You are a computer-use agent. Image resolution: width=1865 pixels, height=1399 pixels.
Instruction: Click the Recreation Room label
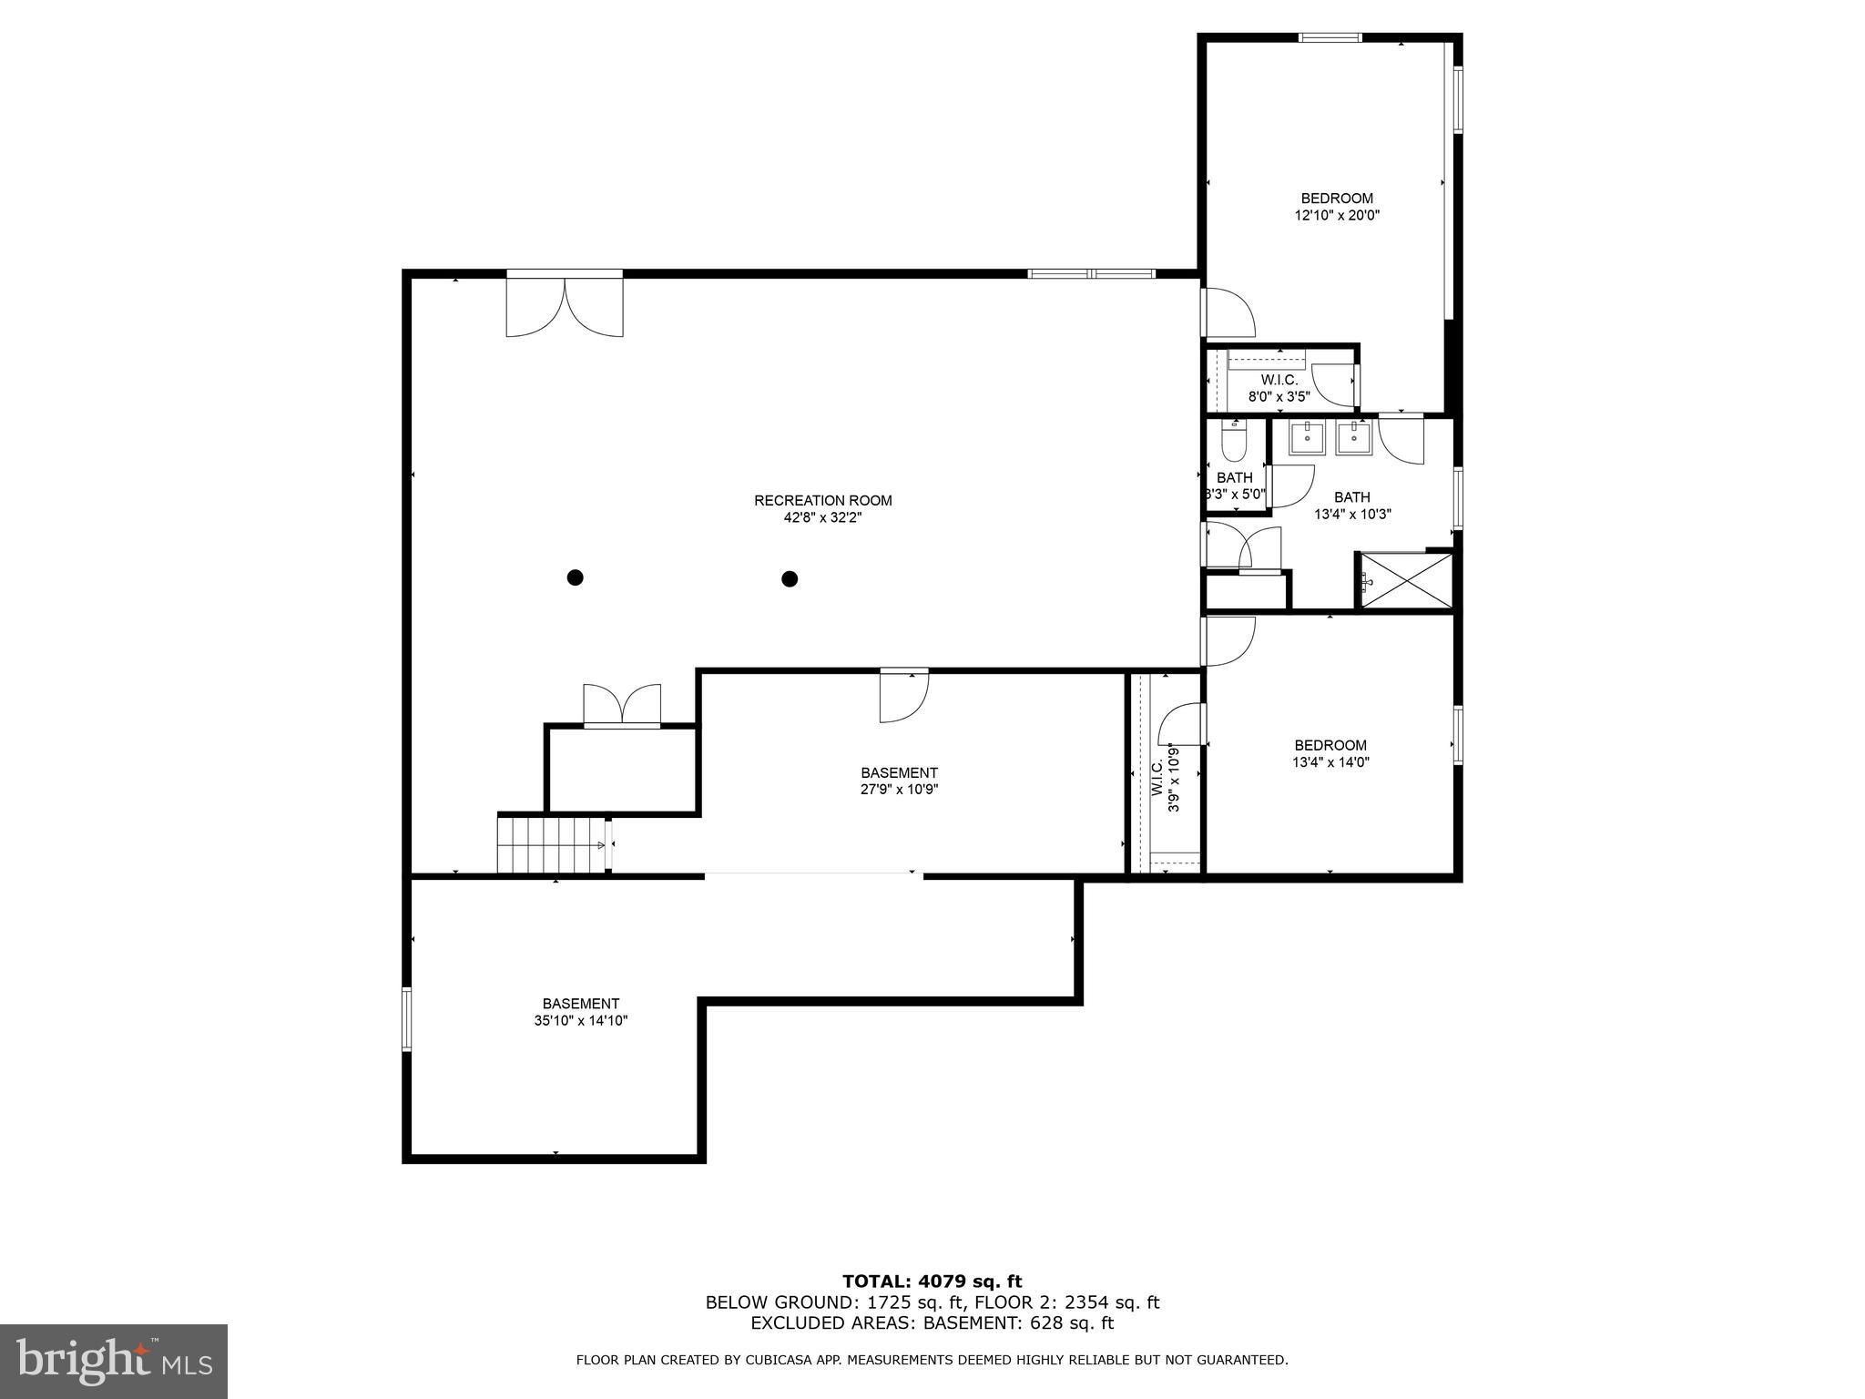822,500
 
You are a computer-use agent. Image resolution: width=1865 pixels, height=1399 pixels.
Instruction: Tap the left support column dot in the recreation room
575,577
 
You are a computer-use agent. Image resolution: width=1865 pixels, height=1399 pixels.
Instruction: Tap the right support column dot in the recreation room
790,578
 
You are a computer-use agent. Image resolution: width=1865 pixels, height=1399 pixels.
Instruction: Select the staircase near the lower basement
551,844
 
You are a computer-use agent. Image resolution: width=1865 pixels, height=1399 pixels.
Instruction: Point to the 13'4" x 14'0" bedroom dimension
1330,762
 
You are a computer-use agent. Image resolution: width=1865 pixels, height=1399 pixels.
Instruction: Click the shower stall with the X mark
1406,580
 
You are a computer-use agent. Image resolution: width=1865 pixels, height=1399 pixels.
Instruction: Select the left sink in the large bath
1309,438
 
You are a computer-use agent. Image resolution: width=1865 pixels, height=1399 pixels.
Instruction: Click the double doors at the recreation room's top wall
565,306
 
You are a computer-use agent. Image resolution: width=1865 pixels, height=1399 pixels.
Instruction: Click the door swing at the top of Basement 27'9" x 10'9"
903,697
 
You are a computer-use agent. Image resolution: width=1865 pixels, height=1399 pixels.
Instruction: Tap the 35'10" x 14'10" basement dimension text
581,1021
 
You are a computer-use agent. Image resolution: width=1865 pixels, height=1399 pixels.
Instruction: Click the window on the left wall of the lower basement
407,1020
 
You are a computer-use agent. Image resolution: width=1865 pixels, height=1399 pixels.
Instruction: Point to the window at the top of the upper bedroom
1330,37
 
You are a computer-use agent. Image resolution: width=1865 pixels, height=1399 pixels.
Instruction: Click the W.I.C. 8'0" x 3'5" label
1279,388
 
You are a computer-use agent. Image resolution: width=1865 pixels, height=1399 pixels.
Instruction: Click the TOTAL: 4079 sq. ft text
932,1282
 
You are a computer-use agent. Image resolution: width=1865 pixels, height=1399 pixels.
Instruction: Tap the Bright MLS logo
114,1362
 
